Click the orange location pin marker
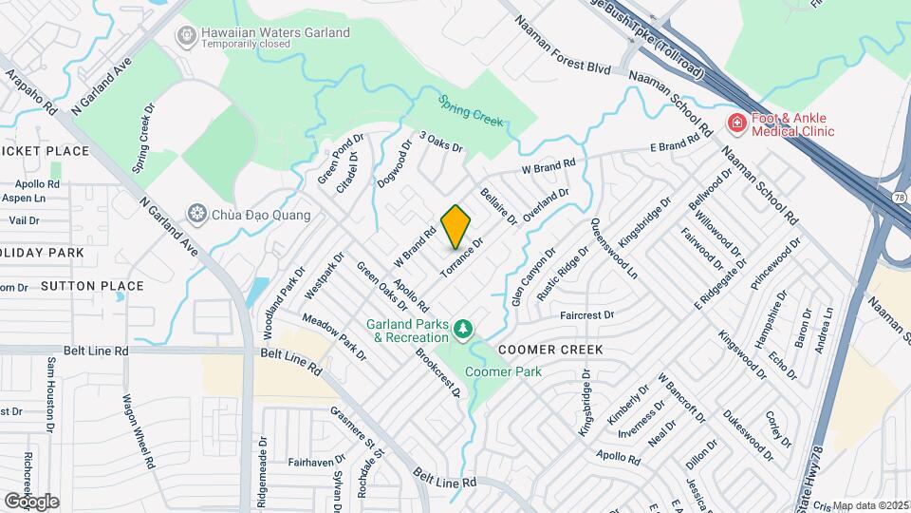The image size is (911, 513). coord(456,227)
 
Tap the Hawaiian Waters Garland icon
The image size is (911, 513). coord(187,36)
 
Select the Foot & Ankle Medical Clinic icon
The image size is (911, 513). coord(735,123)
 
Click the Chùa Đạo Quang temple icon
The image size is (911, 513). coord(197,213)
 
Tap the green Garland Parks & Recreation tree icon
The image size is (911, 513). coord(463,330)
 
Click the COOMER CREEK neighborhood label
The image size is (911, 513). coord(551,350)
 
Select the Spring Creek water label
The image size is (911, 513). coord(471,109)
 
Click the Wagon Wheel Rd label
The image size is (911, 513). coord(137,432)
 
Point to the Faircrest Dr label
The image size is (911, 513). coord(587,314)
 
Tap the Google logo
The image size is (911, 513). coord(31,501)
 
